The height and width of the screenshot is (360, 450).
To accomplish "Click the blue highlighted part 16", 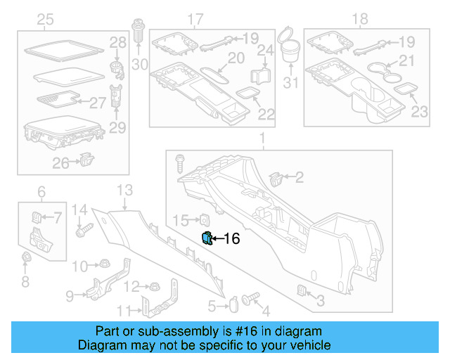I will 207,238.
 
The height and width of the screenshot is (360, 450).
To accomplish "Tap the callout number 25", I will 45,18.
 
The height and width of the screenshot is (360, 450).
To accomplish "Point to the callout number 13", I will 124,190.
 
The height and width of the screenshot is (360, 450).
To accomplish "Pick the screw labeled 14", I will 86,229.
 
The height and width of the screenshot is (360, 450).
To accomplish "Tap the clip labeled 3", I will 302,290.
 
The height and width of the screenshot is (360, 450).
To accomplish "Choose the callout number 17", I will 195,18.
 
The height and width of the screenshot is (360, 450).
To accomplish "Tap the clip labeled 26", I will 87,160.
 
